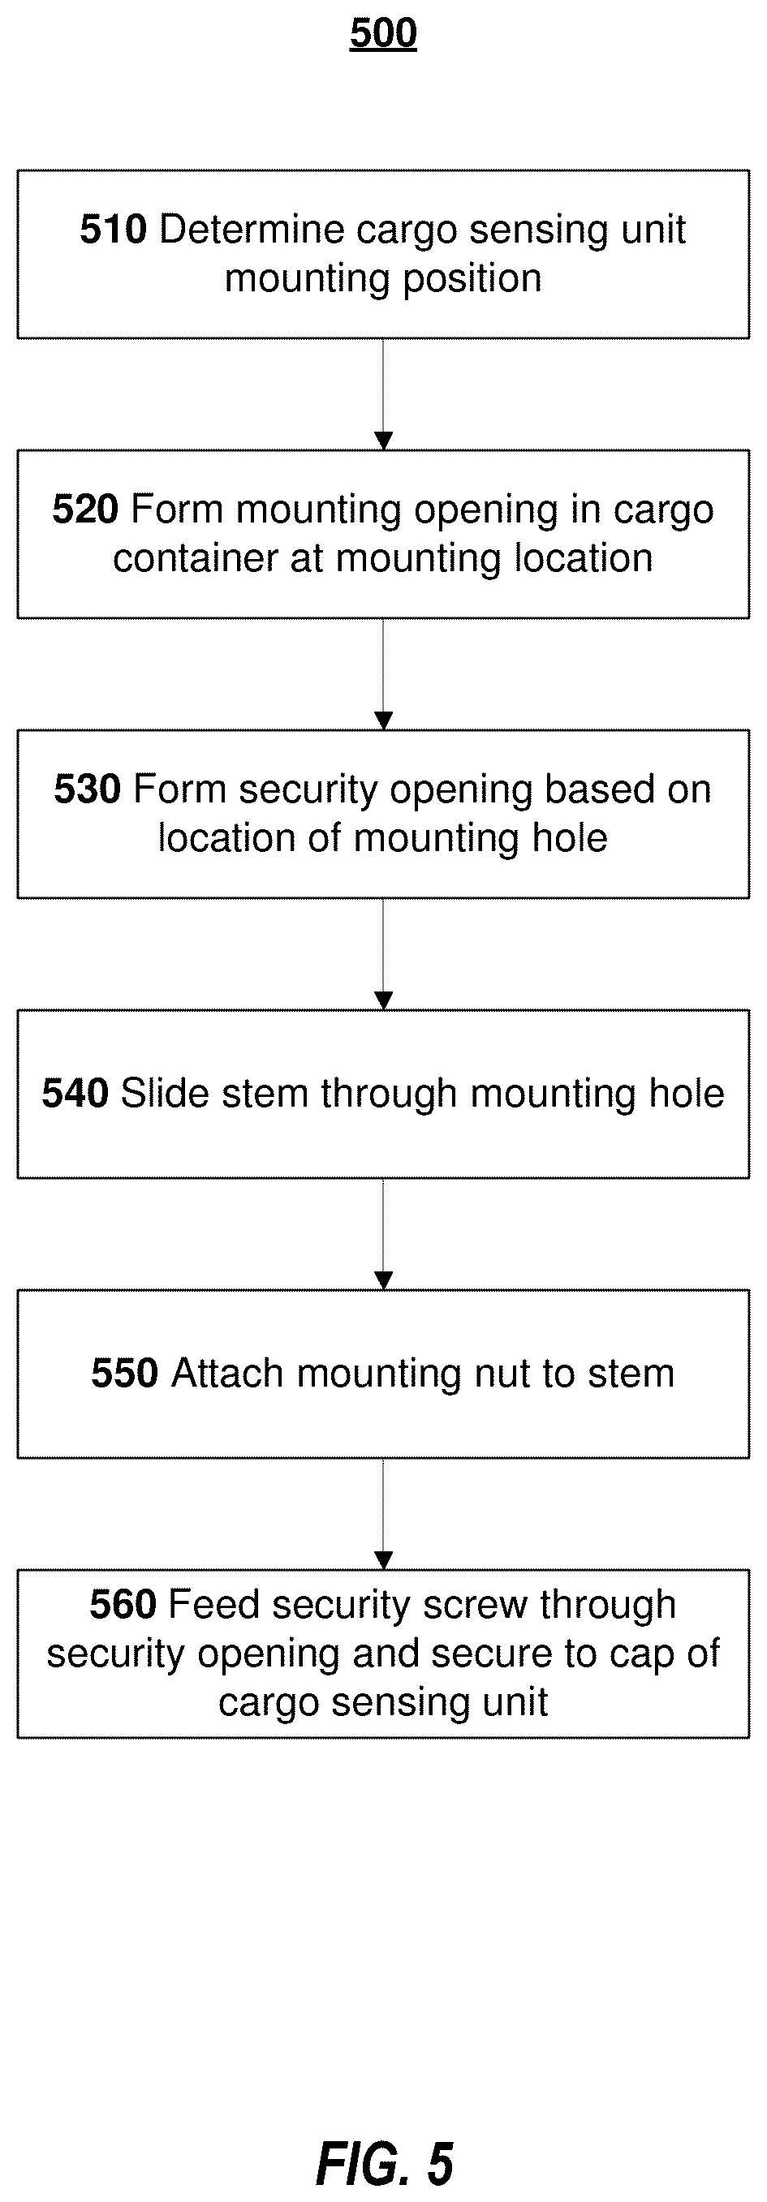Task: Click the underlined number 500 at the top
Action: point(383,33)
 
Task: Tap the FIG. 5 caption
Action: point(385,2164)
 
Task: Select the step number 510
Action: point(114,230)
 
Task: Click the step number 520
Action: point(85,510)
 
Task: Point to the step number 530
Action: point(87,789)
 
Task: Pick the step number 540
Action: point(75,1095)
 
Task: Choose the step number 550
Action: point(125,1374)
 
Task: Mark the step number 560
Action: point(123,1605)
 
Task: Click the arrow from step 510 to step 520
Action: point(383,394)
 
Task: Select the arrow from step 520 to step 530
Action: point(383,673)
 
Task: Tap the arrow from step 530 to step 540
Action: point(383,954)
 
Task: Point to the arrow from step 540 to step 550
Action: point(383,1233)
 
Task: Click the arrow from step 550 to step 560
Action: point(383,1514)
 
